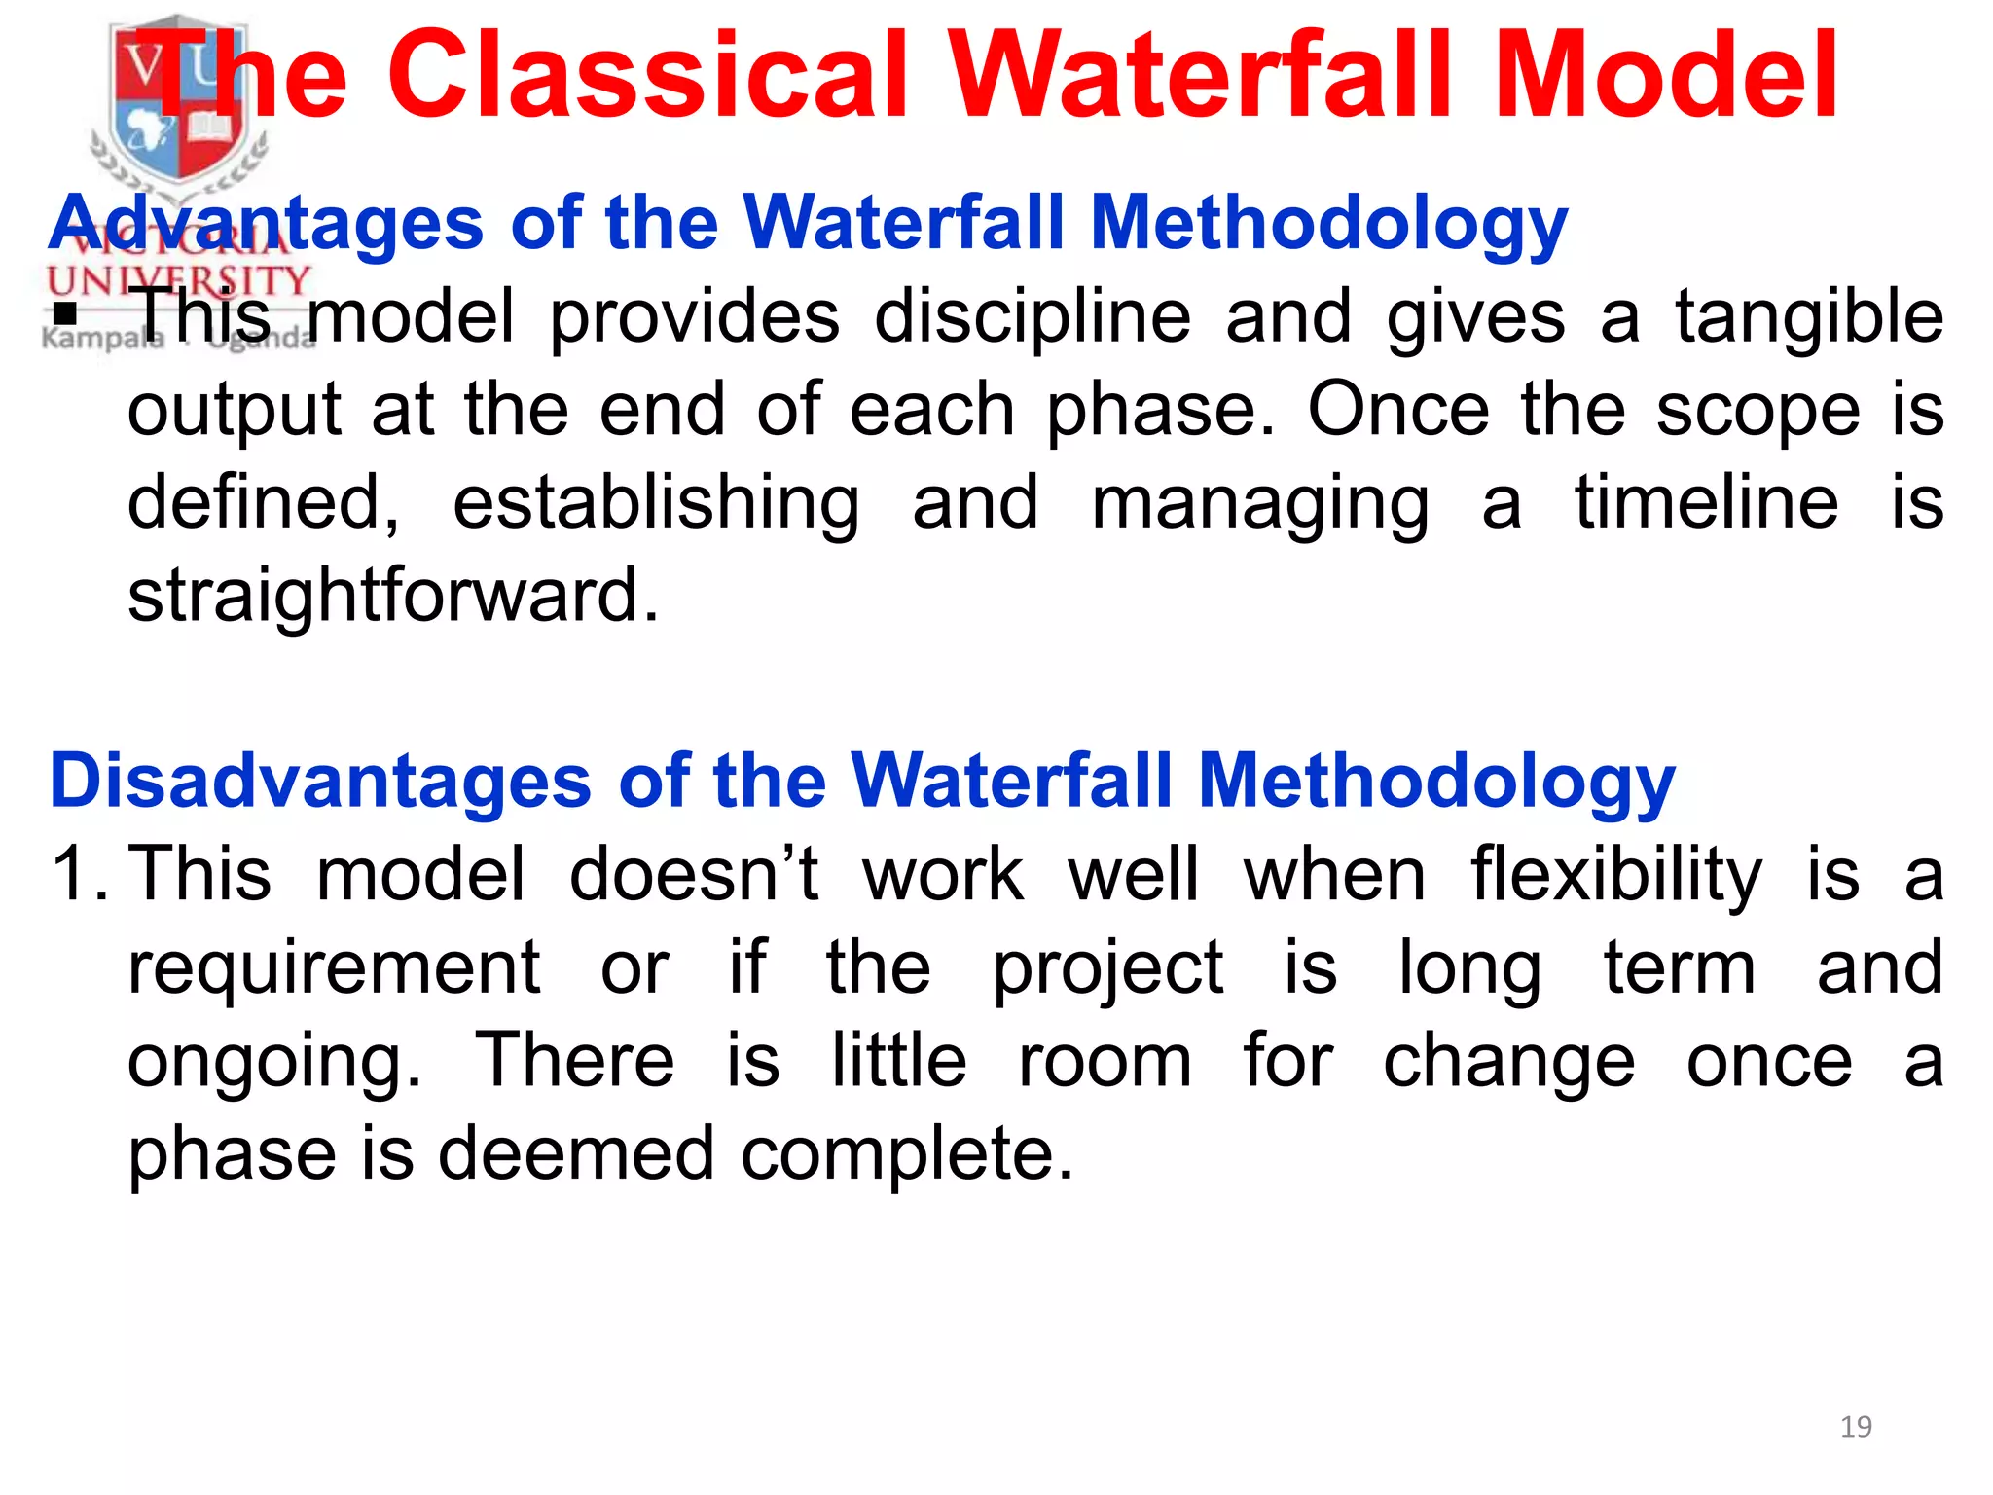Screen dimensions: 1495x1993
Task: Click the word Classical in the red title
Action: click(649, 75)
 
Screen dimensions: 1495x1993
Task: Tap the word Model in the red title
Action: click(1664, 75)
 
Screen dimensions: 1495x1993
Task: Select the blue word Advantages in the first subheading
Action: click(266, 224)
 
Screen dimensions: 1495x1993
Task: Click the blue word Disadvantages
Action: click(320, 782)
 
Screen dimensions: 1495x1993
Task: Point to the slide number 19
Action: click(1856, 1427)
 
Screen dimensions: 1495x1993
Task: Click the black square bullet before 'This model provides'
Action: click(65, 314)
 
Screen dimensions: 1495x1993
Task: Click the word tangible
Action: click(1809, 317)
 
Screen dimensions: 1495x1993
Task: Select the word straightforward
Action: click(393, 595)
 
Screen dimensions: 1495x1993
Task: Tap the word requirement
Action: click(334, 968)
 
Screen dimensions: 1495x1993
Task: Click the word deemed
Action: click(576, 1154)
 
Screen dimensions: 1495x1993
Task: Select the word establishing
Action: click(656, 504)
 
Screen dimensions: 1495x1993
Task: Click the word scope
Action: click(1758, 412)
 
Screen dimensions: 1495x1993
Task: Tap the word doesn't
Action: click(694, 873)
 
